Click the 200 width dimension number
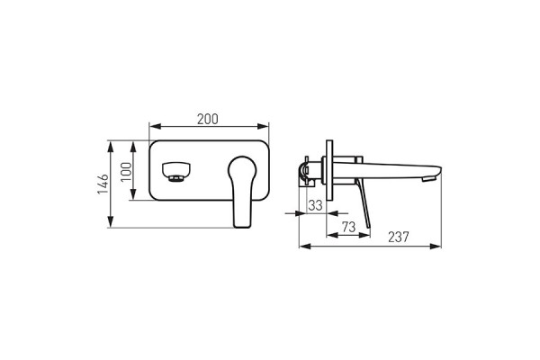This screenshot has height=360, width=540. point(207,119)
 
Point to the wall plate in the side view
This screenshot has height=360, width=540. point(329,171)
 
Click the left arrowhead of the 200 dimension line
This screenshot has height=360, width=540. point(151,127)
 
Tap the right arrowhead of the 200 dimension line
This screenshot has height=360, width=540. point(267,127)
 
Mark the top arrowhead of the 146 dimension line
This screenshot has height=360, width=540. point(111,143)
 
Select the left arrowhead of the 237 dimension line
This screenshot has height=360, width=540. point(302,245)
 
